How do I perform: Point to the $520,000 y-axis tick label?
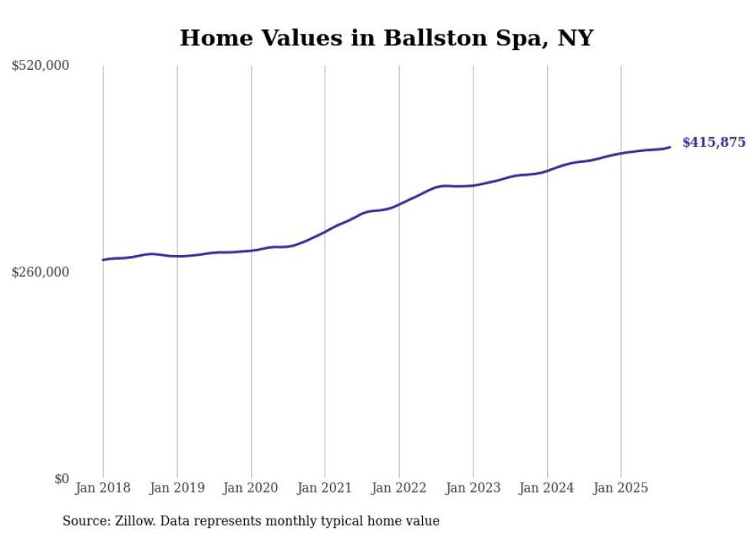41,66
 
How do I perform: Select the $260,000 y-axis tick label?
41,272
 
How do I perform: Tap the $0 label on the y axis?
61,479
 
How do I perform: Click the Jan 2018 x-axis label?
103,488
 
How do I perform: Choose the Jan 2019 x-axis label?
177,488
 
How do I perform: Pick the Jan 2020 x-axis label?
251,488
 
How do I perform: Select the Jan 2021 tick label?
325,488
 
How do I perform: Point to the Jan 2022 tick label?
399,488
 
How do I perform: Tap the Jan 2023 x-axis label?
473,488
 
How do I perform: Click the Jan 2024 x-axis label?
547,488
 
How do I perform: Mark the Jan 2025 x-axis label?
621,488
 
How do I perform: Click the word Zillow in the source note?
134,521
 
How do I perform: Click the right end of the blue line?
670,147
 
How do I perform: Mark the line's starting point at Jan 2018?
103,260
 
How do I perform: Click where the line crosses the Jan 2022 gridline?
399,204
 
